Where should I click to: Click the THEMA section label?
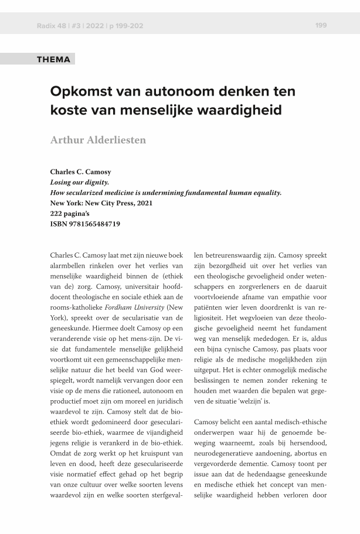click(53, 59)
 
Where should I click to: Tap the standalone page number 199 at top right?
click(321, 25)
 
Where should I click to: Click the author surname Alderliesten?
click(115, 140)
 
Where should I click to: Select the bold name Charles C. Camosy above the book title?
click(81, 172)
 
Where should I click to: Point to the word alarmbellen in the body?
click(70, 265)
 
